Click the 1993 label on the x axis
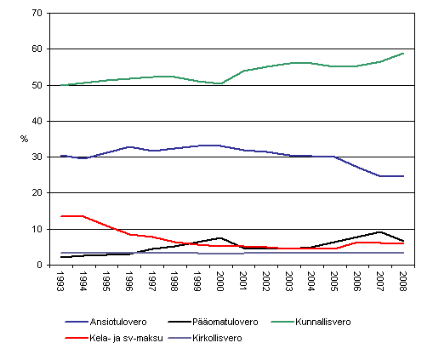62,282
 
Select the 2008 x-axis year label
402,282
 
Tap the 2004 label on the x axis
311,282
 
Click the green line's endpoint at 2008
402,54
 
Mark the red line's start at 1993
62,216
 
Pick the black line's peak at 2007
379,231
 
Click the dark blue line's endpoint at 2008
402,176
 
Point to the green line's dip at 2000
220,83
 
